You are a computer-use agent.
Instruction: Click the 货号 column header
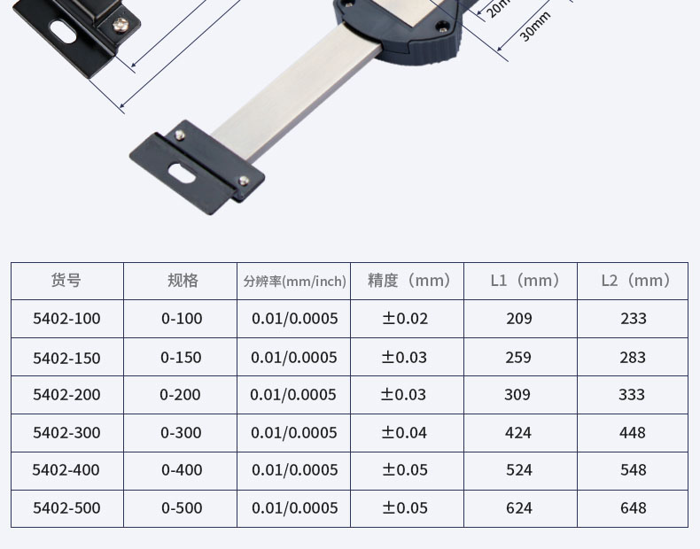(x=66, y=281)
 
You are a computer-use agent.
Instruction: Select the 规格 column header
(x=183, y=281)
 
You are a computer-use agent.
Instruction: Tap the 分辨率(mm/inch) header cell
(x=295, y=282)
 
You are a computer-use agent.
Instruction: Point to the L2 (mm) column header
(x=635, y=281)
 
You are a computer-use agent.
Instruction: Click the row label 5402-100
(x=66, y=319)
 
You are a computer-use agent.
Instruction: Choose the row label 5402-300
(x=66, y=433)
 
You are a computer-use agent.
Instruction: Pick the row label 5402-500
(x=66, y=508)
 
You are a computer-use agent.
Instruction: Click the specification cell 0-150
(x=181, y=357)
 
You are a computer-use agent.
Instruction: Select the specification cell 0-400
(x=182, y=469)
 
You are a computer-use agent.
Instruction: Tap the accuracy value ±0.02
(x=405, y=319)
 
